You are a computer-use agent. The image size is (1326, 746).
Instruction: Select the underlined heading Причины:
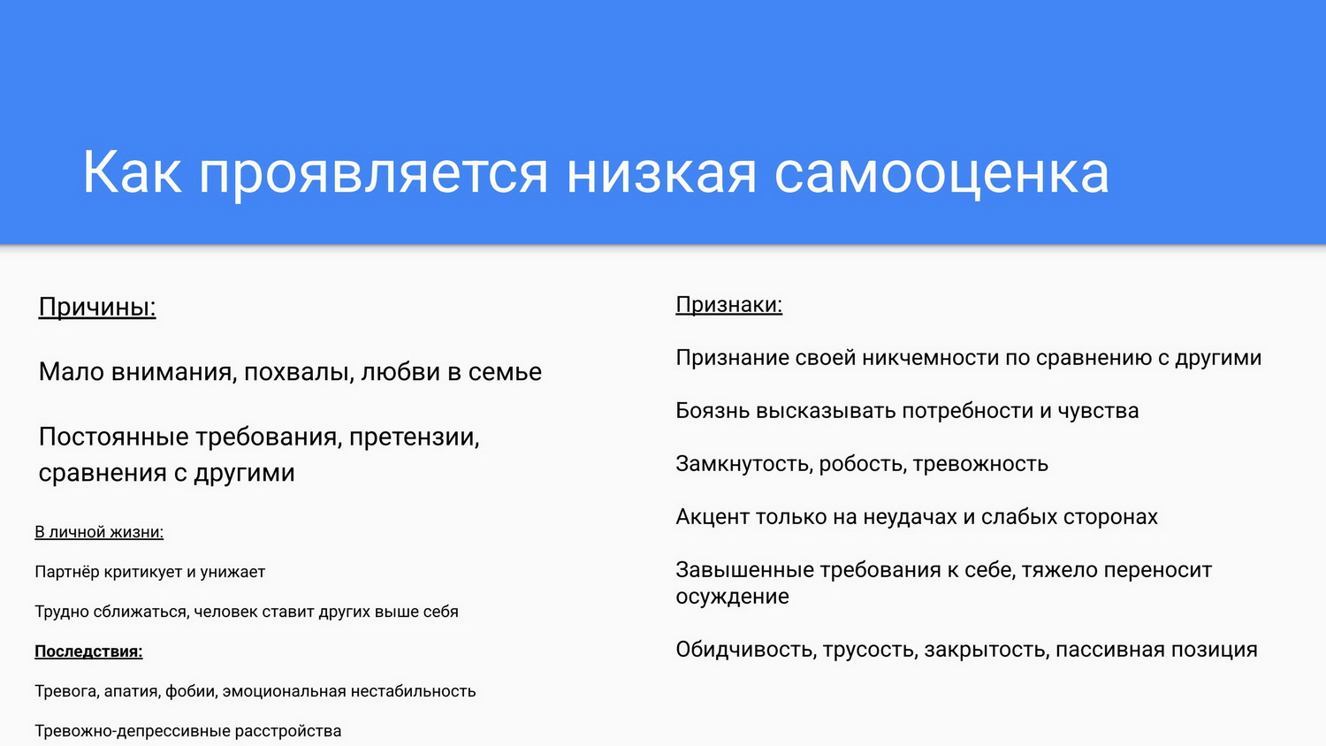97,308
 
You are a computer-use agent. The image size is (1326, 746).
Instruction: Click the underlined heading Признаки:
728,305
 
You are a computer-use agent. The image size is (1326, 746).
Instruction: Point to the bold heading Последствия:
88,651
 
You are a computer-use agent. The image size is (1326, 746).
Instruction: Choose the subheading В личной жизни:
99,532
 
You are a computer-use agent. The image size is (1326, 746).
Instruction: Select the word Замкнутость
744,463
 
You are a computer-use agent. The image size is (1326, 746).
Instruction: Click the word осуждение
732,597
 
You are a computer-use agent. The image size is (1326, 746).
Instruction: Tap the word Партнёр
67,572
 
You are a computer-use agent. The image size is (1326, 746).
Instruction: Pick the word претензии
414,438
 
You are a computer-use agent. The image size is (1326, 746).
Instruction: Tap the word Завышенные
744,570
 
